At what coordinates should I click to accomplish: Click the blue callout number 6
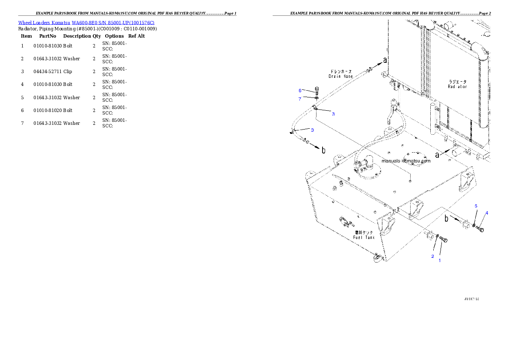300,90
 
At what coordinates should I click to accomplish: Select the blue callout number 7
300,99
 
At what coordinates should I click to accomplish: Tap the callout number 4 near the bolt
486,213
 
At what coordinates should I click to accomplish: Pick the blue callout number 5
476,206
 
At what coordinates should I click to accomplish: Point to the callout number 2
432,256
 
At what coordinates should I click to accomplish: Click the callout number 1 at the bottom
439,260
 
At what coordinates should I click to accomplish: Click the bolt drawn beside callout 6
317,90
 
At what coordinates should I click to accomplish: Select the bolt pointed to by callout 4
480,230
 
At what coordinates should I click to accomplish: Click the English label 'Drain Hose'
340,76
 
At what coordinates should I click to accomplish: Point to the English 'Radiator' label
457,86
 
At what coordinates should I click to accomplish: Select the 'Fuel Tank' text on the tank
364,237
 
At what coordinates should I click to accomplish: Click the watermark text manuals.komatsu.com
406,161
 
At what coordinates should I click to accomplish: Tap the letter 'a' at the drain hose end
385,60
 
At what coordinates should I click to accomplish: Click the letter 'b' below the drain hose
323,150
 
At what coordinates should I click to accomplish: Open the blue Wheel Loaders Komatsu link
86,22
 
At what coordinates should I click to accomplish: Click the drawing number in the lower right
471,299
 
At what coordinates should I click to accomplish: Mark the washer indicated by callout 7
316,98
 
